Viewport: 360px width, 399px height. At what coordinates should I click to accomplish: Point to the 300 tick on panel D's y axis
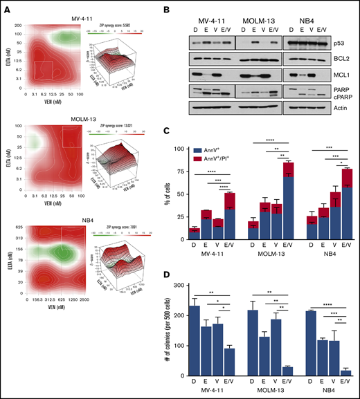coord(202,286)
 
